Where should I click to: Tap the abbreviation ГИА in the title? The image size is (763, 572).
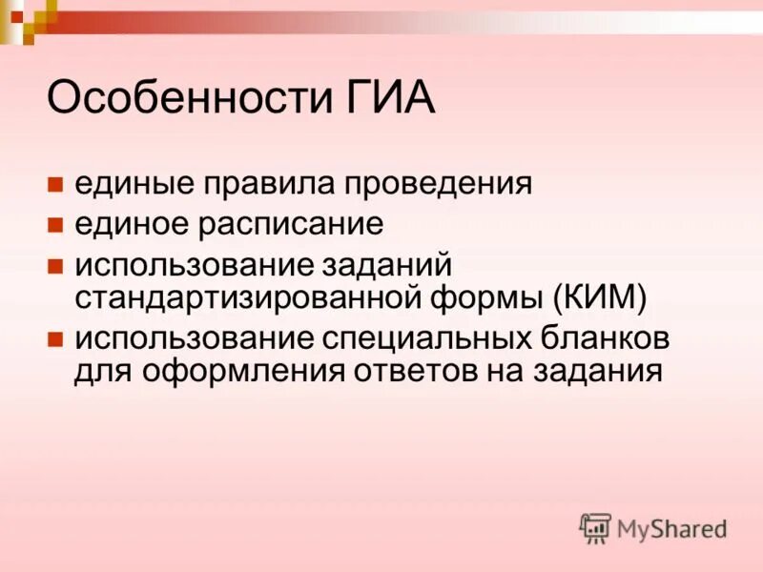coord(383,98)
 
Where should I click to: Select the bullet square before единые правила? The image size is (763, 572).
coord(55,182)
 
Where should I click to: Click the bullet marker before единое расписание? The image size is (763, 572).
coord(55,225)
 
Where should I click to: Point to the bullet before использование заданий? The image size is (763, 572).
coord(55,265)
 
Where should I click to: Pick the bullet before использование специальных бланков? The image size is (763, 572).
coord(55,339)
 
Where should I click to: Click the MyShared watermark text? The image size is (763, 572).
coord(671,528)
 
